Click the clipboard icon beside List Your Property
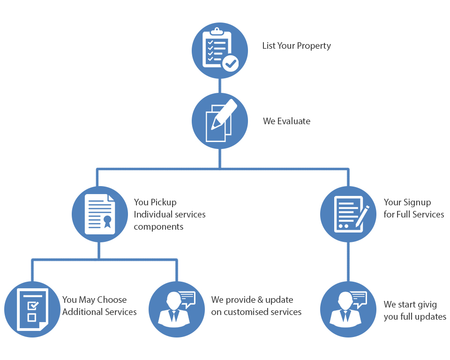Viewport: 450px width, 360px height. click(219, 50)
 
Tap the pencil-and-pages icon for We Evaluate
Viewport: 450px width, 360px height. click(220, 121)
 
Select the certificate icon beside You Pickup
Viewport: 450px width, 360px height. click(99, 214)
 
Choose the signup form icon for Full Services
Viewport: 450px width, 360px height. click(348, 214)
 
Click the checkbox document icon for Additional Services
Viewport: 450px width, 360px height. click(32, 309)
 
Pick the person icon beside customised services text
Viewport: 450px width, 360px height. click(176, 309)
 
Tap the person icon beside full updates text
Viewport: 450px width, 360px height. click(348, 309)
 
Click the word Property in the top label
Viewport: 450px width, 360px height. click(314, 46)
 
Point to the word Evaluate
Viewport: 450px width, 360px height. click(294, 121)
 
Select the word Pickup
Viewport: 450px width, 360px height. click(164, 202)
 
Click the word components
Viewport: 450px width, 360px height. click(158, 227)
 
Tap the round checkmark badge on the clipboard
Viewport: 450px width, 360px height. click(230, 63)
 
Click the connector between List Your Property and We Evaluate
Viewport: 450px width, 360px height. click(220, 85)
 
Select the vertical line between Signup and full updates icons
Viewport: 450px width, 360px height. click(348, 262)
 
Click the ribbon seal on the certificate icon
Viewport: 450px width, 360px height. click(107, 221)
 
